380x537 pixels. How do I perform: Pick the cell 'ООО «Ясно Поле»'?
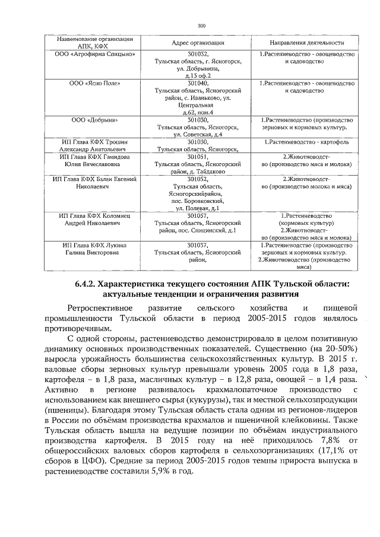point(93,84)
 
